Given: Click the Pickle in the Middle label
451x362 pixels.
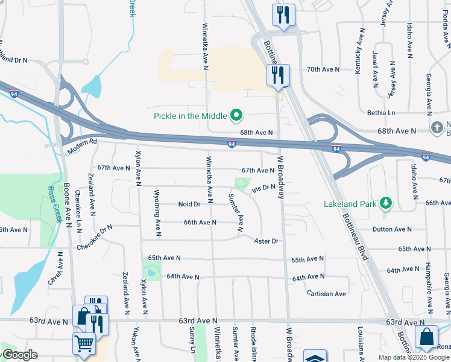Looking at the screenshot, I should (190, 116).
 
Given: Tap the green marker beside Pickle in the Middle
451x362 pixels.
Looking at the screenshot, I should (236, 115).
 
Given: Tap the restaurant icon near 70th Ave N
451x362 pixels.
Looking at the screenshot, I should (278, 75).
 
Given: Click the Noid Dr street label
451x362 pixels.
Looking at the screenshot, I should (189, 204).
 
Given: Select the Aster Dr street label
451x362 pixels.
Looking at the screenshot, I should (266, 241).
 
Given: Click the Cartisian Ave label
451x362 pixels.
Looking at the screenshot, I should (326, 294).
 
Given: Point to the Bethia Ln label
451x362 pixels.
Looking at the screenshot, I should (381, 113).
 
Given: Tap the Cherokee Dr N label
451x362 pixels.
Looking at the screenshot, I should (95, 238).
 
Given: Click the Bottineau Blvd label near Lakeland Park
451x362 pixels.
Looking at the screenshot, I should (356, 230).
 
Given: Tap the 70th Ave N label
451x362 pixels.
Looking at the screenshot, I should (323, 69).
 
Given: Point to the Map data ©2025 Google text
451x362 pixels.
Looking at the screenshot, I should (413, 357).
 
